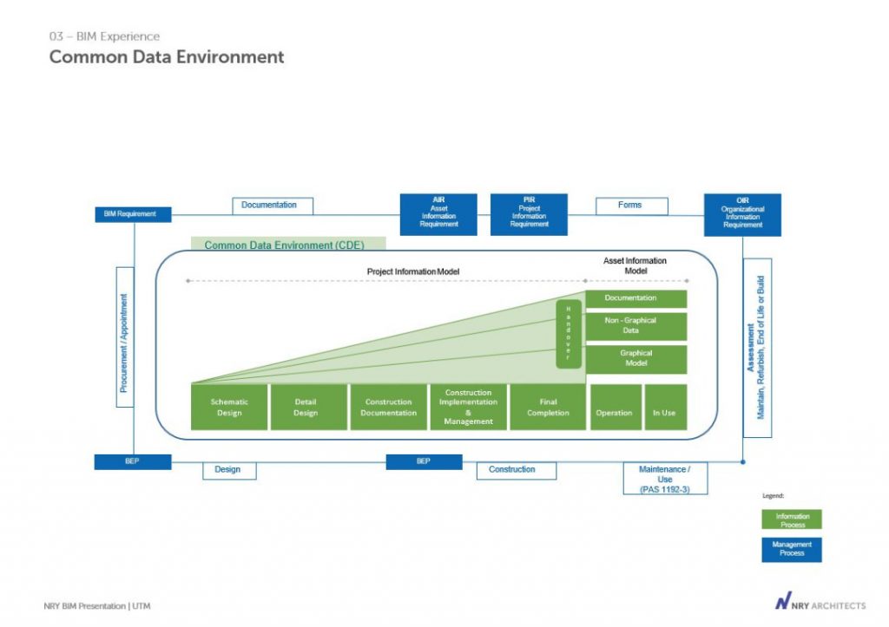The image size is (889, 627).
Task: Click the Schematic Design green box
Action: tap(229, 407)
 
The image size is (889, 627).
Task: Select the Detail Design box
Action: tap(306, 407)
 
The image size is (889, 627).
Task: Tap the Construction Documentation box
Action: tap(388, 407)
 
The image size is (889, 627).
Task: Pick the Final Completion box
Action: tap(548, 407)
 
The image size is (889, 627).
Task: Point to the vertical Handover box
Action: tap(569, 333)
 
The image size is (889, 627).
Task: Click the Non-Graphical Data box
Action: tap(636, 326)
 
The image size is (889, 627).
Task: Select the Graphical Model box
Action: tap(636, 359)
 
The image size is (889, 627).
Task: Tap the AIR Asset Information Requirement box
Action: tap(438, 213)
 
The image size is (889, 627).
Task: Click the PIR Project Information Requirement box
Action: tap(529, 213)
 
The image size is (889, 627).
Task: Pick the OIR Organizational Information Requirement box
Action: tap(742, 214)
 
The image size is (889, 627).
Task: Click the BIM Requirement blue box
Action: tap(133, 214)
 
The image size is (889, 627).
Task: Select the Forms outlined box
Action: tap(631, 206)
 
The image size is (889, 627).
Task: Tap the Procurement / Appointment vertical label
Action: tap(125, 336)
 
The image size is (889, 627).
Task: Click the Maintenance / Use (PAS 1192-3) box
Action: tap(665, 478)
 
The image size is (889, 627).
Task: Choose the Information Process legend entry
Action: tap(792, 519)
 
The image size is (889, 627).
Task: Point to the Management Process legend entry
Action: tap(792, 549)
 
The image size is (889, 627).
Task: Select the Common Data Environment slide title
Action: tap(167, 57)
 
